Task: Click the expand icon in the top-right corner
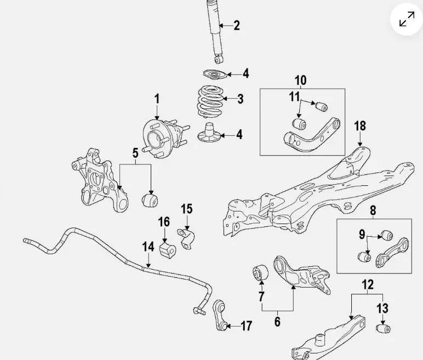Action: [x=407, y=20]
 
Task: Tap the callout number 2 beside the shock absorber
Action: [x=236, y=25]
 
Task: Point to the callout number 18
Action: [x=359, y=126]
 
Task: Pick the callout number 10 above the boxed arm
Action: [x=301, y=81]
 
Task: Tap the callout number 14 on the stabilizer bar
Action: [x=148, y=247]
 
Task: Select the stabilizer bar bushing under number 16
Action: [x=165, y=249]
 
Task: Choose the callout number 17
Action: [x=246, y=327]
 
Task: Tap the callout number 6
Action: [x=277, y=322]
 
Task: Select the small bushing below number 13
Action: [x=383, y=328]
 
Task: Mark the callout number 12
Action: [x=368, y=284]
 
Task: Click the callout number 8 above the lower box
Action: [x=373, y=210]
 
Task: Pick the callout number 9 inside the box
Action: [x=362, y=235]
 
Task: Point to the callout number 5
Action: [x=135, y=153]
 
